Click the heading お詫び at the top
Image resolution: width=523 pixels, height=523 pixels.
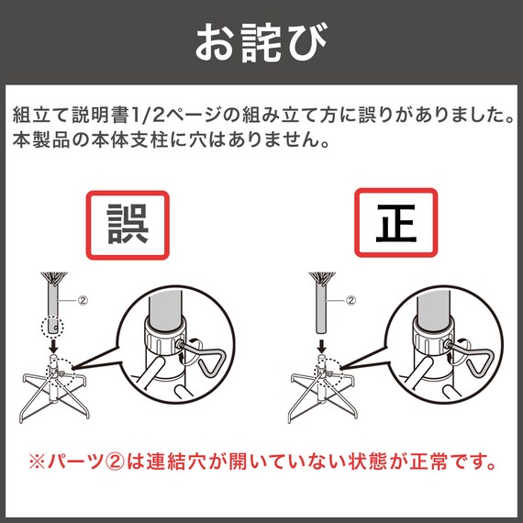261,42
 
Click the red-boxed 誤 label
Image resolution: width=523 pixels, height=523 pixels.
128,225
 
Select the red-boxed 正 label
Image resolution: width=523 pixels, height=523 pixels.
395,223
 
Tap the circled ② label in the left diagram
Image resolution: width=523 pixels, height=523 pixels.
83,301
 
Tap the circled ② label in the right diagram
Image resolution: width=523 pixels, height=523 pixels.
351,301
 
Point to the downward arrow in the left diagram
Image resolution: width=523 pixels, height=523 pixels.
53,346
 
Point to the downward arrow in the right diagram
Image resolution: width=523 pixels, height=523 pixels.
321,346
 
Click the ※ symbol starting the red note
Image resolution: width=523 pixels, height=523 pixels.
37,462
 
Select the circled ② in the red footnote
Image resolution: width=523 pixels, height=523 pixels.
115,462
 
